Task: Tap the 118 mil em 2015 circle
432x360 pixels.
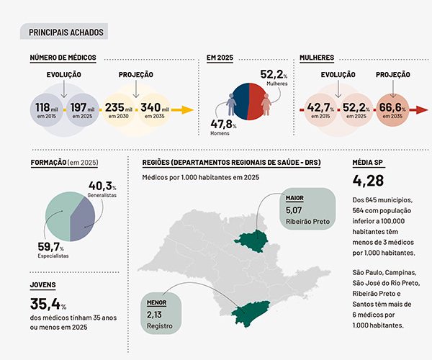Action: click(48, 110)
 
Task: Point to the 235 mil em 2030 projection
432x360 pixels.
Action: click(120, 110)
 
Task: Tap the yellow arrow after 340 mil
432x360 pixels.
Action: click(184, 110)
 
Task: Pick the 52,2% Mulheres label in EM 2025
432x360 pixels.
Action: click(273, 78)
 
